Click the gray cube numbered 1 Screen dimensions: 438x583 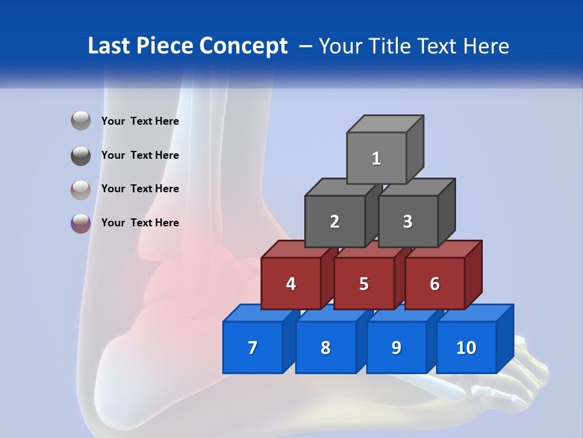point(377,158)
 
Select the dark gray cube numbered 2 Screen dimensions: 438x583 point(335,221)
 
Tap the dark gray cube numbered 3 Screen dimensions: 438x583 point(407,221)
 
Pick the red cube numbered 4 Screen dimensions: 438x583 point(291,283)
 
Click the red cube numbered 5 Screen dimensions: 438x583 point(364,283)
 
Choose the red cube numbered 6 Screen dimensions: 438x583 point(435,283)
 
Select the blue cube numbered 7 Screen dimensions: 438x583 point(253,347)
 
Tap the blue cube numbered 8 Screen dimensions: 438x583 point(326,347)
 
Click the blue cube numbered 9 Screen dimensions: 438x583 point(396,347)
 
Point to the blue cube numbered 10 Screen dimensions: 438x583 point(466,347)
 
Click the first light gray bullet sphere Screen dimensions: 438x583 point(81,121)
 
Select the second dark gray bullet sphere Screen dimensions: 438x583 point(81,155)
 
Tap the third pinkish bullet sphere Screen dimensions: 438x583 point(81,189)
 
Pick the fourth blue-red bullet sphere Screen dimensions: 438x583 point(81,223)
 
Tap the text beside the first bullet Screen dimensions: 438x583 point(140,121)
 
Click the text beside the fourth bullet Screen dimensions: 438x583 point(140,223)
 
